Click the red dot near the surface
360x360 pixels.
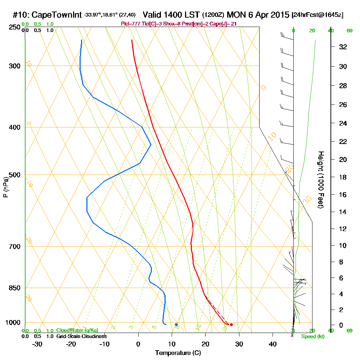[231, 325]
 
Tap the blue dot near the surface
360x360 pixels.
[176, 325]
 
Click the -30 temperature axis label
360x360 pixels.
[37, 344]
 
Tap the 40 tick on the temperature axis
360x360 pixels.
[273, 344]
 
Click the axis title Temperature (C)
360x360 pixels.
[178, 353]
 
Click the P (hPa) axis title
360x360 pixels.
[6, 187]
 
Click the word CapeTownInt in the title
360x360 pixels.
[57, 15]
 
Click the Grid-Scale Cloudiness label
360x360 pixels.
[81, 336]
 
